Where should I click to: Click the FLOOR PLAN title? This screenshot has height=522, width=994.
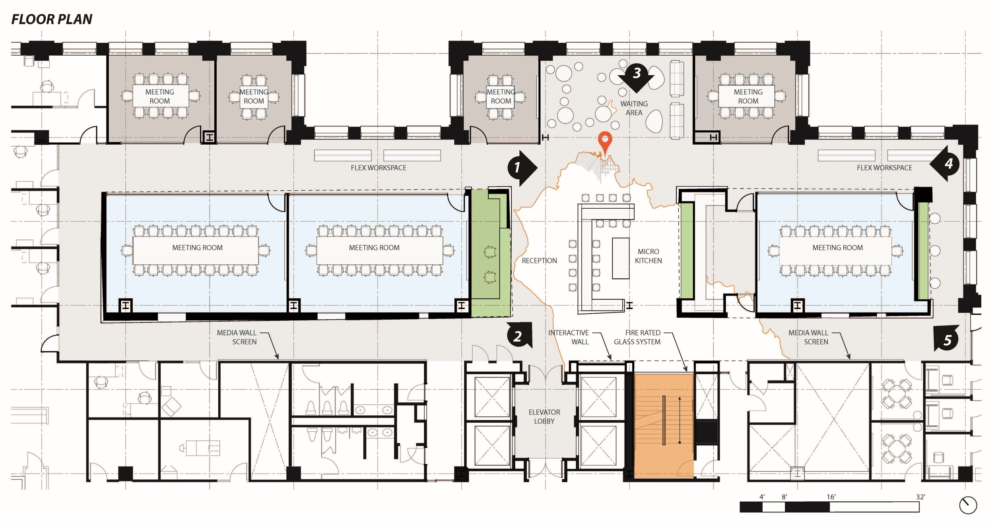click(52, 19)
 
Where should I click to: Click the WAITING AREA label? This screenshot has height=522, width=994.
click(634, 108)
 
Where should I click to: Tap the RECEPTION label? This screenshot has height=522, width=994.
click(539, 261)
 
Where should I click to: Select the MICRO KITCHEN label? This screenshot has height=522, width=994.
click(648, 256)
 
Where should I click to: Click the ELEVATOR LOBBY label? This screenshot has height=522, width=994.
click(544, 417)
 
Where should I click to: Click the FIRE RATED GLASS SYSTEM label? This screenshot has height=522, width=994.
click(637, 337)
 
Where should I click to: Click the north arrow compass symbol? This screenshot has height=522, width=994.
click(968, 505)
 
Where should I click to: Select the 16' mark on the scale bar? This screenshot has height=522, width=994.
click(831, 497)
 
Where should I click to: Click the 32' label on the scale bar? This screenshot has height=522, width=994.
click(920, 497)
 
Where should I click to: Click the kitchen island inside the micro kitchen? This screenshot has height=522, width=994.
click(621, 258)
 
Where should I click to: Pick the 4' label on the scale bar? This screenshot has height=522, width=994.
click(762, 497)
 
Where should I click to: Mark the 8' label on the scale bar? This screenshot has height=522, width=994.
click(784, 497)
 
